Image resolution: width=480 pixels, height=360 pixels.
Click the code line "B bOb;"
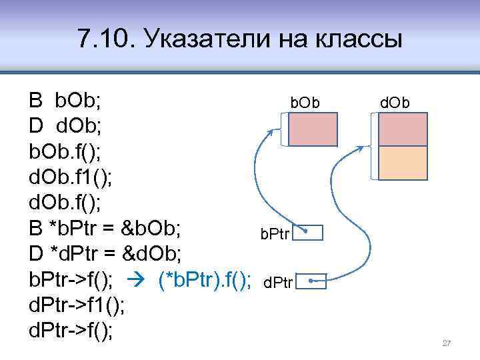[65, 101]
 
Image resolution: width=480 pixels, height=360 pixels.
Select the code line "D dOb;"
[65, 126]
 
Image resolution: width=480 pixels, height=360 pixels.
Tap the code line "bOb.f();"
[65, 151]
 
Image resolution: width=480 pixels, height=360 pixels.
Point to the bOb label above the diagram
[305, 103]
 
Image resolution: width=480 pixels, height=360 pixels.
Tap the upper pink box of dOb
[403, 129]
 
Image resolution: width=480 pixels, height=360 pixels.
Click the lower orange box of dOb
[403, 163]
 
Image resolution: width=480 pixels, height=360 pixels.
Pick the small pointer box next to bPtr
[308, 233]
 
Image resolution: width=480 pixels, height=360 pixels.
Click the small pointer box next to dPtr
[313, 283]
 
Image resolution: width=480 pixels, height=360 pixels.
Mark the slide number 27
[447, 343]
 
